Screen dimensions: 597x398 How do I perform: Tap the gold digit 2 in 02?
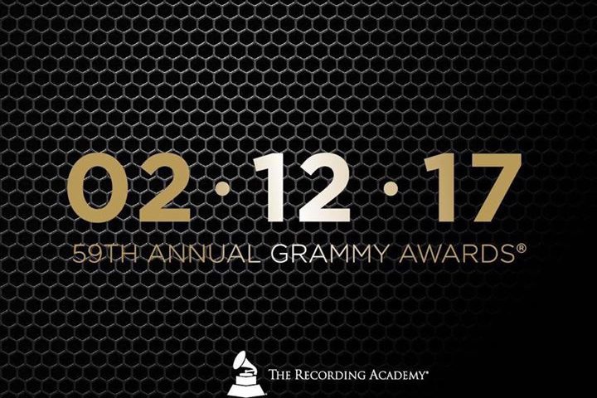pos(164,187)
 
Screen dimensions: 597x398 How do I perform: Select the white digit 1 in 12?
pos(270,187)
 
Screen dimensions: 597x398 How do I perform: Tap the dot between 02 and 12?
pos(223,188)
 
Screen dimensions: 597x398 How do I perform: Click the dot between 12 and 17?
pos(391,188)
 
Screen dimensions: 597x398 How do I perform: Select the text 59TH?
pos(104,254)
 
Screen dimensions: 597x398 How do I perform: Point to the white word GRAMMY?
pos(330,254)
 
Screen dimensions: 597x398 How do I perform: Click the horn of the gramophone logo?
pos(240,362)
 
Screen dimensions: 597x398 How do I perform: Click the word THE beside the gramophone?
pos(281,375)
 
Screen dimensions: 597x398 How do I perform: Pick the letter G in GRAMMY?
pos(280,254)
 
